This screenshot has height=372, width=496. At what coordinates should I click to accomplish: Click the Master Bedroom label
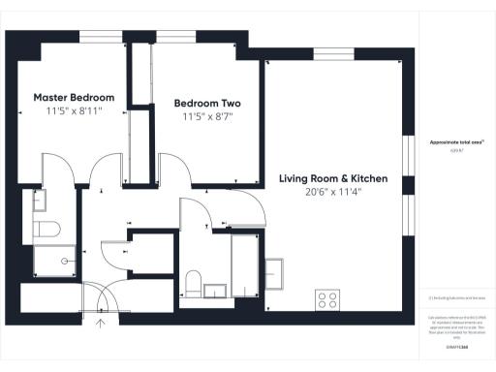(x=74, y=98)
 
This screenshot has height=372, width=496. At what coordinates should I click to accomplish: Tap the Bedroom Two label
(x=207, y=103)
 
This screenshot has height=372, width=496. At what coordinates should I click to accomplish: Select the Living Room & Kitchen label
(x=333, y=178)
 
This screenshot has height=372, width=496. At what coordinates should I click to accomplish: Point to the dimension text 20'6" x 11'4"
(x=333, y=192)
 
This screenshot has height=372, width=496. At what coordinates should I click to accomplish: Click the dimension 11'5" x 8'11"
(x=74, y=111)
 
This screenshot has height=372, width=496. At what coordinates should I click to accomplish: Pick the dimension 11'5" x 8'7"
(x=207, y=116)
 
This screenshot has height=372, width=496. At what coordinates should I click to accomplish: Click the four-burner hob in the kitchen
(x=327, y=299)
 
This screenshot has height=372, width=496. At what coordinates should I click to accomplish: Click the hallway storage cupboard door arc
(x=114, y=254)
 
